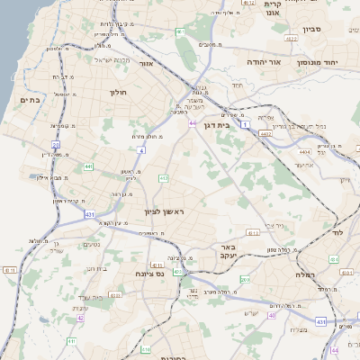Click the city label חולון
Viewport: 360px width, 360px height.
[x=119, y=92]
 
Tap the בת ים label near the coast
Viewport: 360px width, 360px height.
[x=30, y=101]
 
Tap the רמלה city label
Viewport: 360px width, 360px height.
[x=304, y=274]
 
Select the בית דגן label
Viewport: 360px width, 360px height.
[x=238, y=126]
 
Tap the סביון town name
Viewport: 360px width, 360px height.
[x=337, y=29]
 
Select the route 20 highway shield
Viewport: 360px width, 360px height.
[x=56, y=144]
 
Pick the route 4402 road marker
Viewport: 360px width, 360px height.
[x=264, y=132]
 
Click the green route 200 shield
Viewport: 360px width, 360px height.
[x=246, y=280]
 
